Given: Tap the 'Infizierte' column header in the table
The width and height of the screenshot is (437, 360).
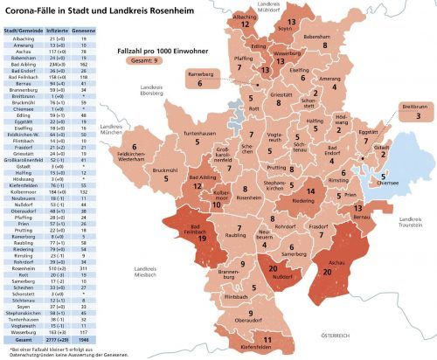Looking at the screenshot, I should point(56,31).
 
